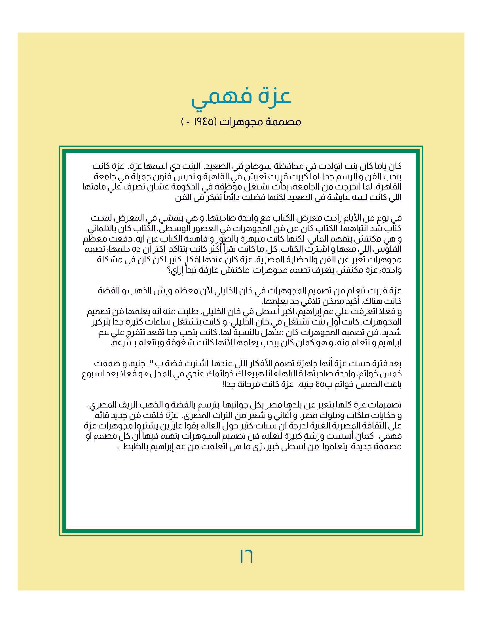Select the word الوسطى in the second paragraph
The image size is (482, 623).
172,229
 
